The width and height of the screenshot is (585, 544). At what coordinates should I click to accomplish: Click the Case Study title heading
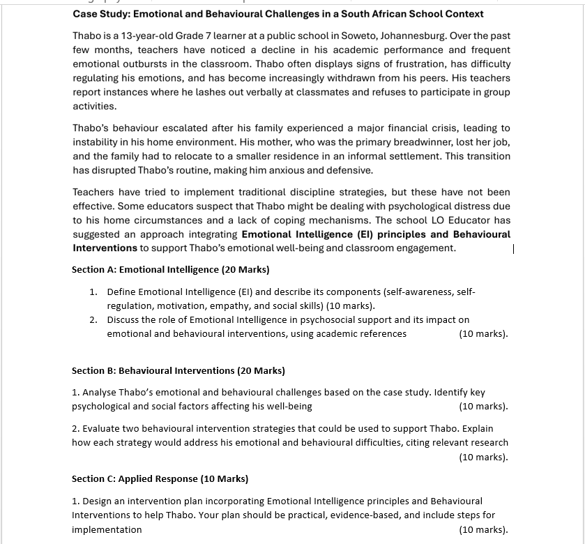[x=278, y=14]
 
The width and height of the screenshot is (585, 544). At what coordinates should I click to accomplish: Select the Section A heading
[x=170, y=269]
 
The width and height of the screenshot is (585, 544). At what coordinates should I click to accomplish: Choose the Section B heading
[x=178, y=370]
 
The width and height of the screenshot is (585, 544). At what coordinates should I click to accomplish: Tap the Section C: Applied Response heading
[x=160, y=478]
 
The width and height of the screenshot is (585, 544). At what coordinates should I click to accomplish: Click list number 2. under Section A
[x=93, y=320]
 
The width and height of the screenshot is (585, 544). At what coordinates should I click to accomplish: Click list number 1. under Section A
[x=93, y=292]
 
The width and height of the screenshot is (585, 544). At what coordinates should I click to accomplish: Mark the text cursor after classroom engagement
[x=514, y=248]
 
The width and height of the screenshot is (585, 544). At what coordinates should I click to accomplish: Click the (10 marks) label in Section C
[x=483, y=529]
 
